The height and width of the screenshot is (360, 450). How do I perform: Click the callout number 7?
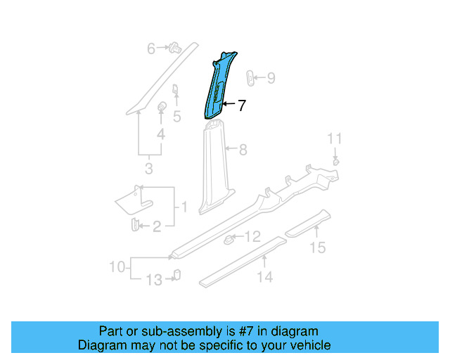[241, 105]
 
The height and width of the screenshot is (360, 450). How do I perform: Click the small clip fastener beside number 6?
[174, 48]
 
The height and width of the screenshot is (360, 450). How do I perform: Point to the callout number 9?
[271, 78]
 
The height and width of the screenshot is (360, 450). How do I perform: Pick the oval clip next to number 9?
[252, 77]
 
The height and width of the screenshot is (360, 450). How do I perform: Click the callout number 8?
[243, 150]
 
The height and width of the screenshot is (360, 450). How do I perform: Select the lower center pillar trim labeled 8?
[213, 165]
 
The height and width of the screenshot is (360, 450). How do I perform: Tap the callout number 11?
[335, 138]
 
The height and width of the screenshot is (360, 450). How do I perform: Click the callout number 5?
[177, 116]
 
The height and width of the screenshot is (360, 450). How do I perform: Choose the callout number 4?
[161, 134]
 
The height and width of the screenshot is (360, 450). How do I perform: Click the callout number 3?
[148, 169]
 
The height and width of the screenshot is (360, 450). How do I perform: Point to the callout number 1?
[184, 207]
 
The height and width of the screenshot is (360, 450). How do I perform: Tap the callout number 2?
[157, 226]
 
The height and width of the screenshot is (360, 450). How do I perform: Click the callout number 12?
[253, 237]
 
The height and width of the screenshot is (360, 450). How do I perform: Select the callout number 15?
[319, 247]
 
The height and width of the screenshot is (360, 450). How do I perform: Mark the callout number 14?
[264, 277]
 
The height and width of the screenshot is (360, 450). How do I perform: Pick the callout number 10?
[117, 266]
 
